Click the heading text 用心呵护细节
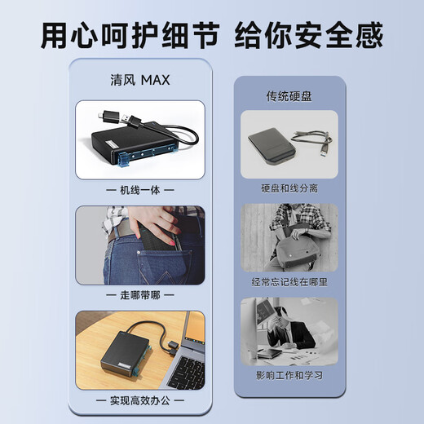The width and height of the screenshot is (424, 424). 130,35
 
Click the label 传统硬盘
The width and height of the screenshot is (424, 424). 289,96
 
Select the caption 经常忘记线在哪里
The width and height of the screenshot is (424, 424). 289,282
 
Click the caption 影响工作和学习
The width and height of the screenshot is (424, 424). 289,375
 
